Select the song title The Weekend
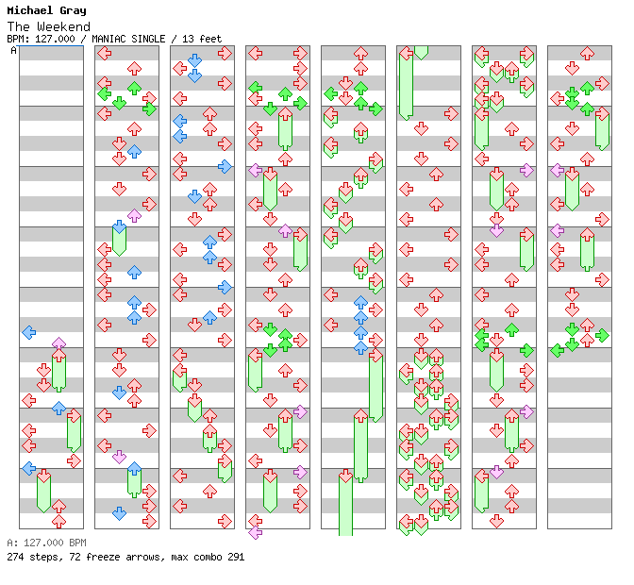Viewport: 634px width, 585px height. coord(48,26)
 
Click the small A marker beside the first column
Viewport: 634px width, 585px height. coord(14,50)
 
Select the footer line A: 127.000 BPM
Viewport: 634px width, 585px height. coord(46,543)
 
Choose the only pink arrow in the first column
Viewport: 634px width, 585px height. coord(58,343)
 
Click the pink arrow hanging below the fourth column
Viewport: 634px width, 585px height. coord(255,532)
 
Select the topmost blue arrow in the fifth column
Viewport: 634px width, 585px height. coord(360,303)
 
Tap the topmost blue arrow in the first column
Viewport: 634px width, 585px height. coord(28,332)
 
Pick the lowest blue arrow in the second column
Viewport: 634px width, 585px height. coord(119,513)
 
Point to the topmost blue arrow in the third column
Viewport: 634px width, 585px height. coord(194,60)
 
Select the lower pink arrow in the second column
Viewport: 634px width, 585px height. coord(119,457)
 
